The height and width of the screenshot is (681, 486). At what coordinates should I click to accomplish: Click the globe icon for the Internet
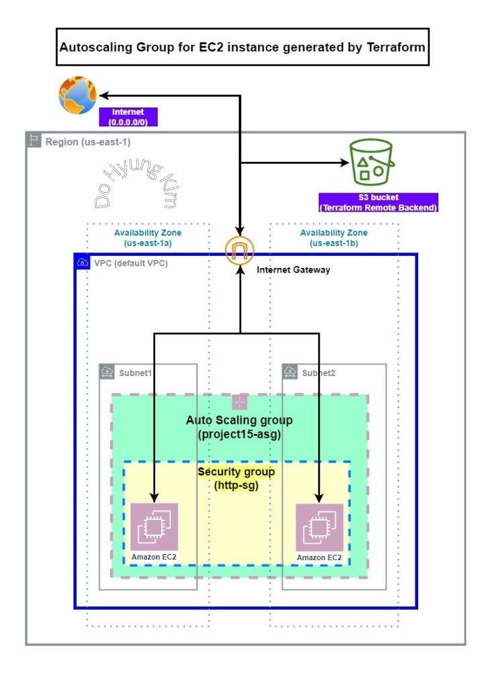click(78, 94)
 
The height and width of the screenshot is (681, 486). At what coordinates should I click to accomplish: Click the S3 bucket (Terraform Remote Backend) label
click(378, 203)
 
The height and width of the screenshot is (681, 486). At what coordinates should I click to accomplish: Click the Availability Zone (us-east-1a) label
click(148, 237)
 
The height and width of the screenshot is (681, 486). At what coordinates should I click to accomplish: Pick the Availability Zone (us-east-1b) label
click(334, 237)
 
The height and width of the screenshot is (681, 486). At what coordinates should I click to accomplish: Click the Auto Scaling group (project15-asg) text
click(239, 427)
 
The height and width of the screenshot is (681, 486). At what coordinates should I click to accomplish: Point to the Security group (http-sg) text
click(236, 478)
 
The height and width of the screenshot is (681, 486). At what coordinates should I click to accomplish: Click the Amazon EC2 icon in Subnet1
click(154, 527)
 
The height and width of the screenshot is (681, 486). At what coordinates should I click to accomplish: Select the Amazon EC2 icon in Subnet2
click(320, 527)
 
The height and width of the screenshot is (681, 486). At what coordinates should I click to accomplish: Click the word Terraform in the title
click(392, 48)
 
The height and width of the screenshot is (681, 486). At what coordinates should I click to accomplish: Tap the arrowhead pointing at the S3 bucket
click(344, 163)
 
